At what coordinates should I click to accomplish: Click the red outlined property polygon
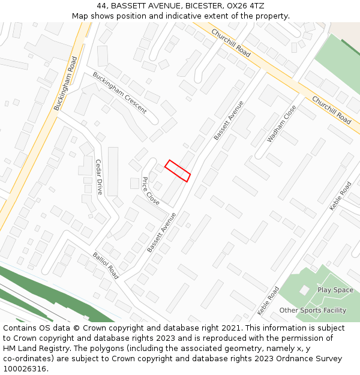click(178, 170)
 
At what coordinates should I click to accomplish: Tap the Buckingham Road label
click(66, 83)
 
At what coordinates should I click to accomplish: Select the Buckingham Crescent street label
click(119, 92)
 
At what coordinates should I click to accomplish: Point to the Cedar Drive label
click(99, 177)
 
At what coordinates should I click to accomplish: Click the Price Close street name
click(151, 191)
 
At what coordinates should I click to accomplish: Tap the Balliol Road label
click(106, 265)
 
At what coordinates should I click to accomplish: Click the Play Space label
click(335, 290)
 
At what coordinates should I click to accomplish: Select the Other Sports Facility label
click(313, 310)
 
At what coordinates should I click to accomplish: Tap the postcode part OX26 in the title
click(239, 6)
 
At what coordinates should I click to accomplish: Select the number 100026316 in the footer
click(26, 368)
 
